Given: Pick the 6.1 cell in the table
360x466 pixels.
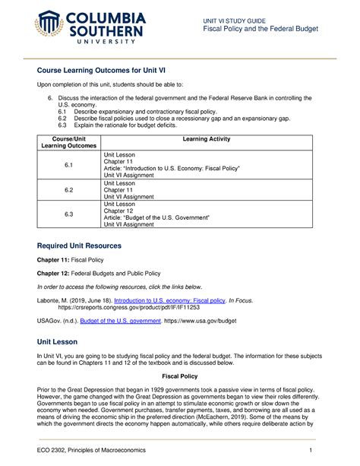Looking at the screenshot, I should [68, 166].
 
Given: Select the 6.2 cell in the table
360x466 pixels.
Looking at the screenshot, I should [68, 191].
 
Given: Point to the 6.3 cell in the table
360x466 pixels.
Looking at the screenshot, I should [68, 215].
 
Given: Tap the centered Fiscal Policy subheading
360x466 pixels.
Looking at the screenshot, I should [179, 376].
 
